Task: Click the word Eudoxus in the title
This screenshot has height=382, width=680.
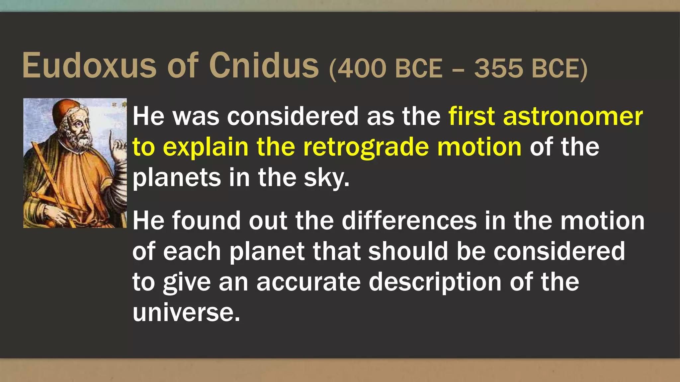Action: click(89, 66)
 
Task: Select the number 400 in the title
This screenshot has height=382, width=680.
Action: click(362, 69)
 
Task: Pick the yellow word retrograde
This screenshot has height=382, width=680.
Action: click(366, 147)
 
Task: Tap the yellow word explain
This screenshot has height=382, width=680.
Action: click(206, 147)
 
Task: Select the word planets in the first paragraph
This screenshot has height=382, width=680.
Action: click(177, 178)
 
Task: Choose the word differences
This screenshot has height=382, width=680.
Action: click(409, 221)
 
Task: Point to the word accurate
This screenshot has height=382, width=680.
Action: click(308, 282)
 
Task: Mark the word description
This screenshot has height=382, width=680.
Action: click(435, 282)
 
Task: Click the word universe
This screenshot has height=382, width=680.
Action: click(186, 312)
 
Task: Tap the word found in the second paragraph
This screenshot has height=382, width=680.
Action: click(206, 221)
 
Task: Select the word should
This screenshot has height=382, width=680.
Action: click(408, 251)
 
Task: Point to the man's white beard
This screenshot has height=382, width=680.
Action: click(80, 141)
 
